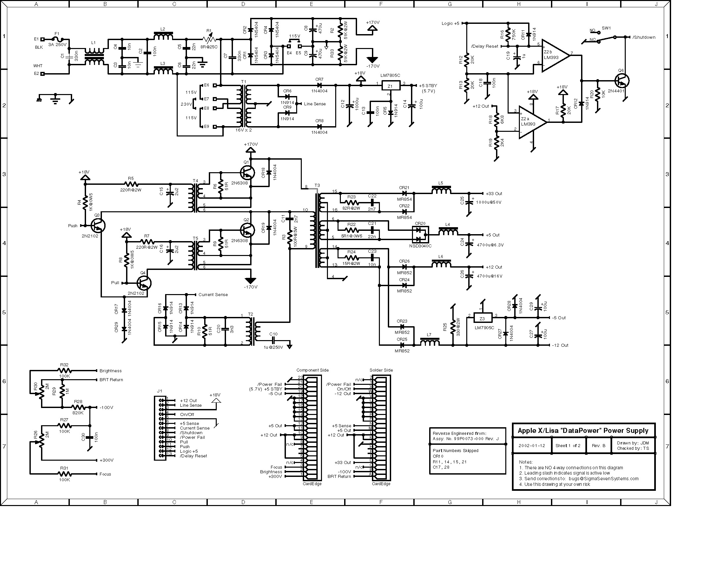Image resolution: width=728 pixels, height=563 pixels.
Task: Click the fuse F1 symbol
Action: (x=58, y=39)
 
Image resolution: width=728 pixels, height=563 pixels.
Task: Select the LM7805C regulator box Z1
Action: (x=390, y=86)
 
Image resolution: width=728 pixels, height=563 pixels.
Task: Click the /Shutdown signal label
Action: (x=644, y=37)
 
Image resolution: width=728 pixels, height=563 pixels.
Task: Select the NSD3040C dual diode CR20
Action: (x=420, y=234)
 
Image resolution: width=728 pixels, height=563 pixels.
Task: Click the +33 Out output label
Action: (x=494, y=193)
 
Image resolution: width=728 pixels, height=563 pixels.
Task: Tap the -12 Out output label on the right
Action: (x=560, y=345)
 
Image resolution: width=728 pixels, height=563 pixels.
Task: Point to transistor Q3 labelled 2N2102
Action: (x=98, y=226)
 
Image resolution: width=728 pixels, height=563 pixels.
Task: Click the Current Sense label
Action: (x=213, y=294)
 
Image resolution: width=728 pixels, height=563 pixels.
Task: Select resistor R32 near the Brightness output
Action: (x=64, y=370)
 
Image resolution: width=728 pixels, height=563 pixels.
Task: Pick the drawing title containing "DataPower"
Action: (x=583, y=430)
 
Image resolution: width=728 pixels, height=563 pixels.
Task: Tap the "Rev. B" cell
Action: (x=598, y=445)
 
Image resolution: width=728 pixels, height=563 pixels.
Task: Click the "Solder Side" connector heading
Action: (x=381, y=370)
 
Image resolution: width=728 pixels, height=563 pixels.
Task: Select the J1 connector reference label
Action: (x=159, y=391)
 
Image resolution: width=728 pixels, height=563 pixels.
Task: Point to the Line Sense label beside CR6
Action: (x=315, y=104)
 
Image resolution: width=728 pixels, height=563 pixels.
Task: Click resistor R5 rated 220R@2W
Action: (x=131, y=184)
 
